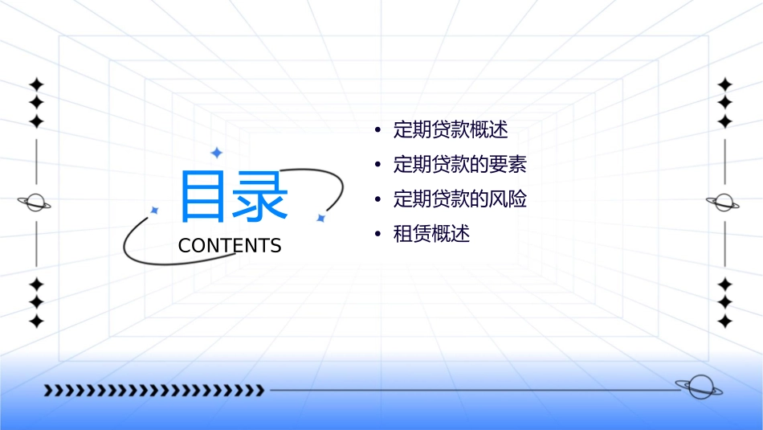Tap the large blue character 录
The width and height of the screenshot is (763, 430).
coord(261,195)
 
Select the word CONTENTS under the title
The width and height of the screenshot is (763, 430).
coord(230,246)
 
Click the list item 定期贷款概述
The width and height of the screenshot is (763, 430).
coord(451,129)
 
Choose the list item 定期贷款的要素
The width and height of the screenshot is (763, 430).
coord(460,165)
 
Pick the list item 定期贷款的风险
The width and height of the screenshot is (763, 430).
coord(460,199)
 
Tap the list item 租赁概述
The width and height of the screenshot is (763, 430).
coord(431,234)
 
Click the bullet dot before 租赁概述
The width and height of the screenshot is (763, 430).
coord(377,235)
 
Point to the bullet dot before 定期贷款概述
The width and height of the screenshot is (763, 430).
coord(377,130)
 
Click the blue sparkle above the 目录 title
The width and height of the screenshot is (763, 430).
coord(216,152)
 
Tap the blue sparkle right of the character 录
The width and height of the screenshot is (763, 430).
coord(320,218)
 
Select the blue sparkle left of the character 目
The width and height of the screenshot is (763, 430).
coord(154,210)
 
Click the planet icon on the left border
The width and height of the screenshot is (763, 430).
coord(35,203)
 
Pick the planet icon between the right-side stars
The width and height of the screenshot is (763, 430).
coord(724,202)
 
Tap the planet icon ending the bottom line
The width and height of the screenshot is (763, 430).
coord(698,387)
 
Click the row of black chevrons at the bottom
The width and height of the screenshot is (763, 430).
coord(153,391)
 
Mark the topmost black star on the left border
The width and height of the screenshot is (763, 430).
coord(35,84)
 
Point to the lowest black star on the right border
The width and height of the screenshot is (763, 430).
coord(724,321)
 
